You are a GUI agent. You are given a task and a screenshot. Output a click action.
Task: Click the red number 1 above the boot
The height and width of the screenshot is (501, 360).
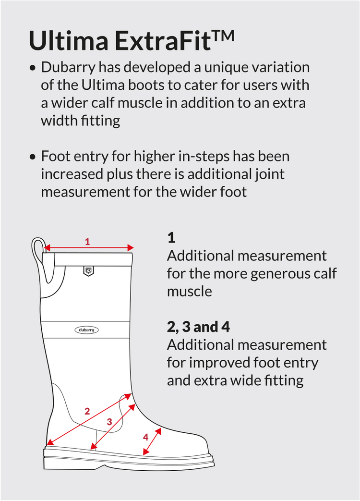point(87,242)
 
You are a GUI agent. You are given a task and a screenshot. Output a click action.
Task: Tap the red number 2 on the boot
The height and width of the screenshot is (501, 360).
point(87,411)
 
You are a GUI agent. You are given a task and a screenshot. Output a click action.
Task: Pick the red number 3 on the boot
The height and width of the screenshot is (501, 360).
point(109,422)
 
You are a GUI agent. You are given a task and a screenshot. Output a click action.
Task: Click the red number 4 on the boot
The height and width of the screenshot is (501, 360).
point(145,437)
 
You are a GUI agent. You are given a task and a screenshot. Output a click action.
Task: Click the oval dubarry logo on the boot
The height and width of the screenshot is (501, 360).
point(86,330)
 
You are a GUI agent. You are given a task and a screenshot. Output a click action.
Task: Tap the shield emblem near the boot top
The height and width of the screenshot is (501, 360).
point(88,271)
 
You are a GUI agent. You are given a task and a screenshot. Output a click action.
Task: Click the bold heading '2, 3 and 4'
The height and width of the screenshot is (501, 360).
point(198,327)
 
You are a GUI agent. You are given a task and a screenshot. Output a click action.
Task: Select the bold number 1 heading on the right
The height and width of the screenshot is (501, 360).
point(171,238)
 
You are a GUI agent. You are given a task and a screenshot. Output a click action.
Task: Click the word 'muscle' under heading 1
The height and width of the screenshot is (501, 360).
point(189,292)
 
